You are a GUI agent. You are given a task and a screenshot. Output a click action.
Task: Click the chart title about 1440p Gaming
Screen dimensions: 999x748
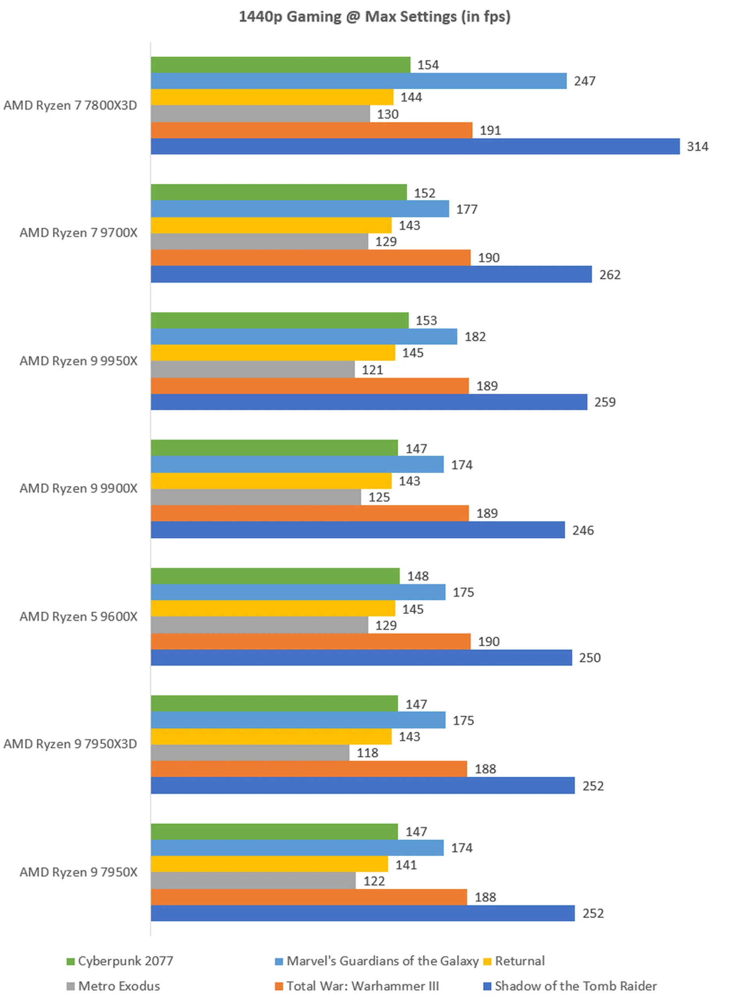374,17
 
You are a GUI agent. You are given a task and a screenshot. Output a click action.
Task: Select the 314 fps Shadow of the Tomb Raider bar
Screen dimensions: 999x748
415,146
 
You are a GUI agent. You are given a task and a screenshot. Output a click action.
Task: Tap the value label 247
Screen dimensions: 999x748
584,81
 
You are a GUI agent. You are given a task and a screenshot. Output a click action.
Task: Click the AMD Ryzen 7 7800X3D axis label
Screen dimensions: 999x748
70,105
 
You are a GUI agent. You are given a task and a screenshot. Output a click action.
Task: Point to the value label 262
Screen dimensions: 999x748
610,274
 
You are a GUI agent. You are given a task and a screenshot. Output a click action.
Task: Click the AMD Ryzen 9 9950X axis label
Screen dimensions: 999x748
78,361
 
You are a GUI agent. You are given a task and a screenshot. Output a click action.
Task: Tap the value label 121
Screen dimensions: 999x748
372,370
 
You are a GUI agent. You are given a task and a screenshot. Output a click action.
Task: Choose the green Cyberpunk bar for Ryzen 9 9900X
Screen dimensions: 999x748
274,448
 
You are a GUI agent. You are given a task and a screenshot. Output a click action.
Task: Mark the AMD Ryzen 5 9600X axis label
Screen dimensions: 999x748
78,616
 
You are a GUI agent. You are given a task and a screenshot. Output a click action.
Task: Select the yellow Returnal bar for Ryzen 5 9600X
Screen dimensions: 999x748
273,609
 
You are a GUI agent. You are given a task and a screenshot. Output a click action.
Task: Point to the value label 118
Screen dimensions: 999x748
367,753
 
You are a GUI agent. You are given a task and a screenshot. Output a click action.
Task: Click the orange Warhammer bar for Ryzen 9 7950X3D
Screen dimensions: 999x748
309,769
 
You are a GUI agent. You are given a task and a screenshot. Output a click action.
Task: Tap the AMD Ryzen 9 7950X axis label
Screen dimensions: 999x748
78,872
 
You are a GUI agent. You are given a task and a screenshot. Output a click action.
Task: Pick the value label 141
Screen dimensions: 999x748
406,865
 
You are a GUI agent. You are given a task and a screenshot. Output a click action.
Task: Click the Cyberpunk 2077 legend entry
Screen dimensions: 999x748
120,960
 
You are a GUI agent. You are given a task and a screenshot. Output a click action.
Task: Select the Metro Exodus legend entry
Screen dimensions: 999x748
113,986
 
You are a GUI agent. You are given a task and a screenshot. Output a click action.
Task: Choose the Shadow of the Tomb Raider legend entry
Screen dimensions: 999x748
570,986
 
